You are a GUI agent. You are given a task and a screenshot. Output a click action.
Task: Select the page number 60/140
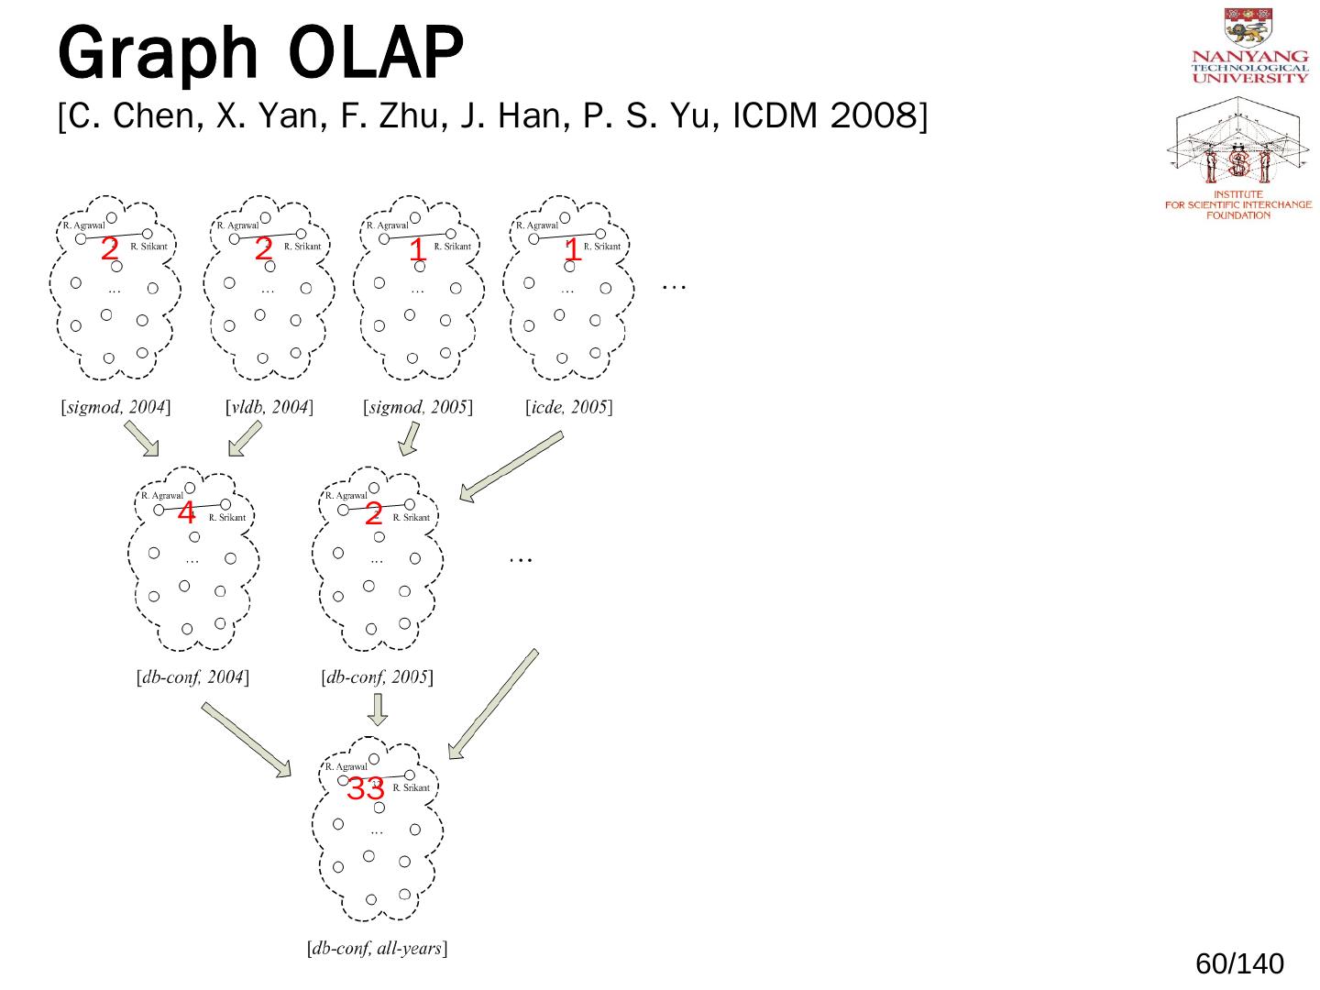point(1239,963)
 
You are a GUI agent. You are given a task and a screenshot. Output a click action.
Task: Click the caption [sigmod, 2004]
point(115,407)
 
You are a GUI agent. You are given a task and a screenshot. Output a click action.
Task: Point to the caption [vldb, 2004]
point(269,407)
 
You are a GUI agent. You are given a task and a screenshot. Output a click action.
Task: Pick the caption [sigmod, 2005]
point(418,407)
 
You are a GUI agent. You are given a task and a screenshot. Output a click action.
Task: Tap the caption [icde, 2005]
point(568,407)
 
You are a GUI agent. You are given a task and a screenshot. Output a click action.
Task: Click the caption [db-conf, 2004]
point(192,678)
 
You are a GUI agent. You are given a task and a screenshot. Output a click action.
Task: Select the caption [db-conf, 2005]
point(377,678)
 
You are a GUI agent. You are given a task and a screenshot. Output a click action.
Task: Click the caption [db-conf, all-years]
point(377,949)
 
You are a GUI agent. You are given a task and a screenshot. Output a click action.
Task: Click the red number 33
point(365,788)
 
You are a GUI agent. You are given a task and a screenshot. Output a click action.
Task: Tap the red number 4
point(186,512)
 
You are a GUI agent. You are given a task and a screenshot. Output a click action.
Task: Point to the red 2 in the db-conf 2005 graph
point(373,515)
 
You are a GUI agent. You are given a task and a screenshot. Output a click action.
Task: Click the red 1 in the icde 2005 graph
point(573,249)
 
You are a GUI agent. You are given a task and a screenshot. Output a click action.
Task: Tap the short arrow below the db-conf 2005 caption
point(377,709)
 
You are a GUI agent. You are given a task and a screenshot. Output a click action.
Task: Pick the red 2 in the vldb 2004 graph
point(264,248)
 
